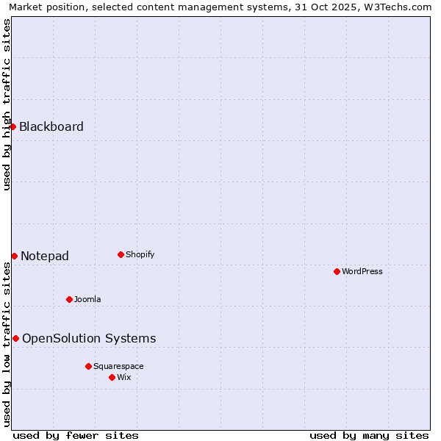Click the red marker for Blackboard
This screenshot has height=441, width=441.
[13, 126]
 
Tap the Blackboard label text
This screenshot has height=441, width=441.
[51, 126]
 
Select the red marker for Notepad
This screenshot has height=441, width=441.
[14, 256]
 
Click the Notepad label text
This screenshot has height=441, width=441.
[45, 256]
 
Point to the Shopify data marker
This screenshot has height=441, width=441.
[121, 254]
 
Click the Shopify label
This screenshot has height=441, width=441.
[140, 254]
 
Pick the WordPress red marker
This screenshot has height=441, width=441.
[337, 271]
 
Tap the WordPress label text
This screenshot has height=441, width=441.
[362, 271]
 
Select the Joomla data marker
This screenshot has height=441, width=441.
[69, 299]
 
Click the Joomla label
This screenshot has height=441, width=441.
[87, 299]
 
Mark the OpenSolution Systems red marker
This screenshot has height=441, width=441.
[15, 338]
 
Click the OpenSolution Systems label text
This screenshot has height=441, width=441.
[89, 338]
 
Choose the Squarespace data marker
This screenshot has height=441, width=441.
[88, 366]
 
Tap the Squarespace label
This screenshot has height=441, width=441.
[118, 366]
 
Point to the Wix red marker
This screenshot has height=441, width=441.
[112, 377]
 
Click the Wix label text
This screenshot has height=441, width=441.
[124, 377]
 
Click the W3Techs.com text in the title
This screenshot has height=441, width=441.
[401, 7]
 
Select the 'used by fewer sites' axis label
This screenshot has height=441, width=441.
[76, 435]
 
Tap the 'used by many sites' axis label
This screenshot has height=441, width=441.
[369, 435]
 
